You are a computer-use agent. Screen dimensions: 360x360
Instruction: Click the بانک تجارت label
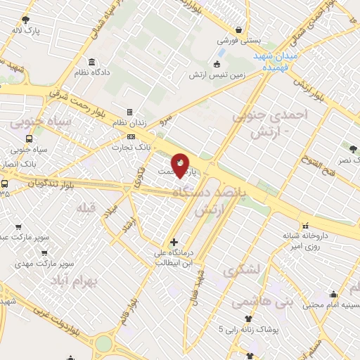tap(131, 147)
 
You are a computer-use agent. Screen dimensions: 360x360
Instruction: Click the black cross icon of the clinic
tap(174, 242)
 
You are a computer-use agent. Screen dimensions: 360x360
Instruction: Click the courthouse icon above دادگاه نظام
tap(92, 62)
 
